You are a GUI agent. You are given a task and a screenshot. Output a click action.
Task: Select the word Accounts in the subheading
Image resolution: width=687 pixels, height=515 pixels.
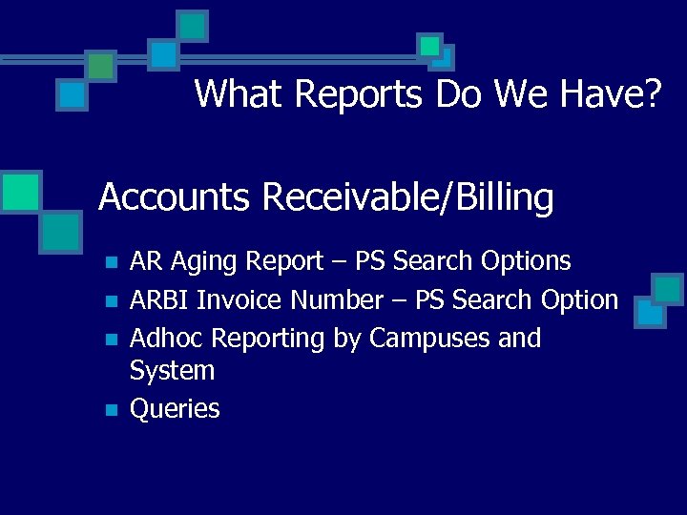pyautogui.click(x=175, y=197)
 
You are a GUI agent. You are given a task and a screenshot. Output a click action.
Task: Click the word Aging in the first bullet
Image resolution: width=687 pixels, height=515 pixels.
pyautogui.click(x=206, y=261)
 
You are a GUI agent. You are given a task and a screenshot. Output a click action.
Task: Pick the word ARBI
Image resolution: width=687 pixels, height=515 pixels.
pyautogui.click(x=159, y=300)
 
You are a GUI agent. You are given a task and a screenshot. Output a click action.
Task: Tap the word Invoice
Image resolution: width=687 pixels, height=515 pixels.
pyautogui.click(x=239, y=300)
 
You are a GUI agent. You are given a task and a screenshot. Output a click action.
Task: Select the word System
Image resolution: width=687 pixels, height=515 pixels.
pyautogui.click(x=172, y=370)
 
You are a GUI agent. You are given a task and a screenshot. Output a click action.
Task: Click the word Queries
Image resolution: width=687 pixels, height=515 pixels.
pyautogui.click(x=175, y=409)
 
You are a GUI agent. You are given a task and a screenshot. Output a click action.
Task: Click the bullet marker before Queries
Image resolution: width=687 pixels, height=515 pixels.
pyautogui.click(x=111, y=411)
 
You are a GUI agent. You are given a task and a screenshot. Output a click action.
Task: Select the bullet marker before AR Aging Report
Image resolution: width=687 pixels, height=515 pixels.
pyautogui.click(x=111, y=262)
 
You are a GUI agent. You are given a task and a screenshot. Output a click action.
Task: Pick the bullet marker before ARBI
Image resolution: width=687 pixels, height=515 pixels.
pyautogui.click(x=111, y=301)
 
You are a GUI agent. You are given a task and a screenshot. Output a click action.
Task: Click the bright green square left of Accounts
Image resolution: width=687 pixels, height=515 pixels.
pyautogui.click(x=20, y=191)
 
